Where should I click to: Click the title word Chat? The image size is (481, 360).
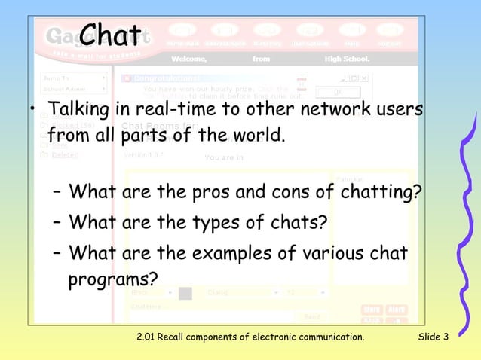click(x=110, y=33)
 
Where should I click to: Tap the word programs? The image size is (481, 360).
click(x=113, y=280)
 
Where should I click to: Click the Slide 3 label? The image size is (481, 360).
click(x=434, y=336)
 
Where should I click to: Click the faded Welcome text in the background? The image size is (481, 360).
click(x=191, y=58)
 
